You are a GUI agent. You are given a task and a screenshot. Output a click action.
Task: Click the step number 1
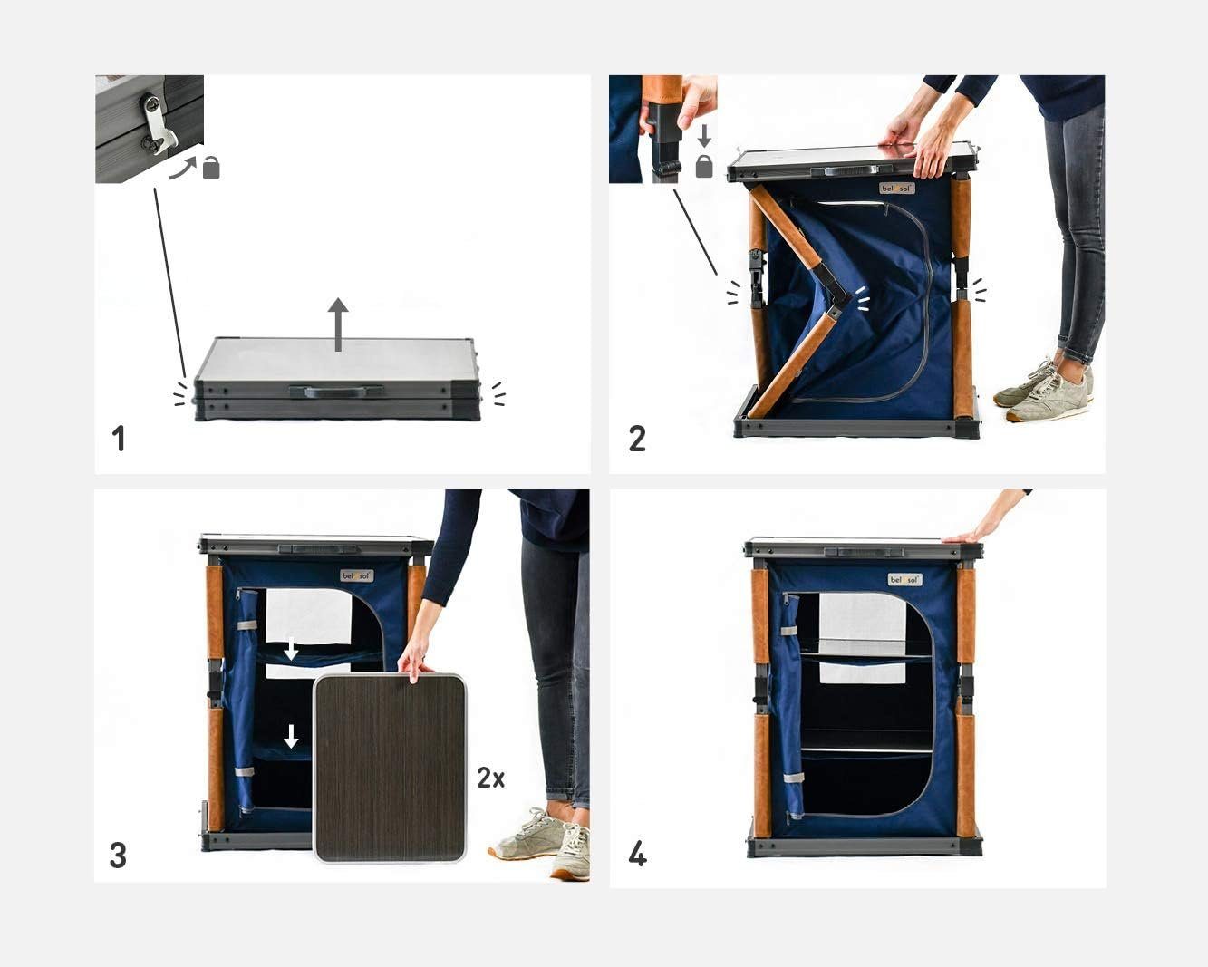coord(118,439)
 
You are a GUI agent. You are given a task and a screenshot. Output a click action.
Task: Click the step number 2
coord(637,439)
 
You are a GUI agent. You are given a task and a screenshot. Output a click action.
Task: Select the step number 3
coord(118,855)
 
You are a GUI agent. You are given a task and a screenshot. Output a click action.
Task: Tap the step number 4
coord(637,854)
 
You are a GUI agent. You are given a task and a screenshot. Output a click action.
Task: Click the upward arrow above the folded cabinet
coord(338,324)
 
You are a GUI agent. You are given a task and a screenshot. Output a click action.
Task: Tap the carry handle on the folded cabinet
coord(335,392)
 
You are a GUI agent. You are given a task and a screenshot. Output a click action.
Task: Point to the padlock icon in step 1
coord(211,168)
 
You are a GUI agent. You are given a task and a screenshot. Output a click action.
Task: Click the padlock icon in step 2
coord(704,167)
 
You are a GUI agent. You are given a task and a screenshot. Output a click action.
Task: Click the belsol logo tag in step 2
coord(896,189)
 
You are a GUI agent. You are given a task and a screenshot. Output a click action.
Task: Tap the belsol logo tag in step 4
coord(904,579)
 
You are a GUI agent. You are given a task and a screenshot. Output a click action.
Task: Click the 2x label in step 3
coord(490,778)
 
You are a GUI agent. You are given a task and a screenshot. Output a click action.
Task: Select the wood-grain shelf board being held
coord(390,769)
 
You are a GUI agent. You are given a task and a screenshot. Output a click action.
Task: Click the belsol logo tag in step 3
coord(356,575)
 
